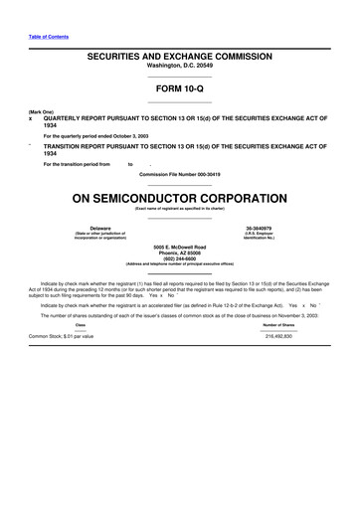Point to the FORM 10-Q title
(179, 88)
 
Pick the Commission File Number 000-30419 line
(179, 173)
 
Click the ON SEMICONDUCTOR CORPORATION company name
(179, 196)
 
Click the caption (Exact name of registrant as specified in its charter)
(179, 207)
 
